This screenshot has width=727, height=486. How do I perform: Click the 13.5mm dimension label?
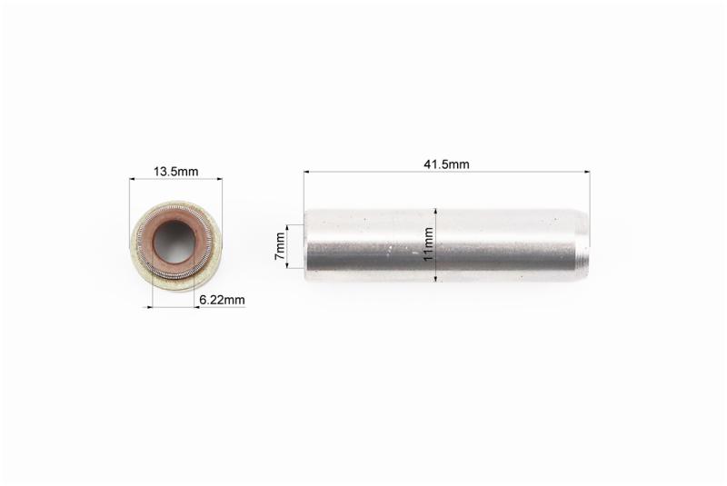tap(175, 172)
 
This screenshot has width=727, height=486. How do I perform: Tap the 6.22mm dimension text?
tap(222, 300)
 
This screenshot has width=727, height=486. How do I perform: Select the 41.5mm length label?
tap(446, 164)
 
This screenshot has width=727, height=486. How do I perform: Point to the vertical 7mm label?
tap(280, 246)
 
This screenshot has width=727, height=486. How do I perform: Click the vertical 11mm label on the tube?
tap(428, 243)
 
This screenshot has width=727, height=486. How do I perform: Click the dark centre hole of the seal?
tap(176, 241)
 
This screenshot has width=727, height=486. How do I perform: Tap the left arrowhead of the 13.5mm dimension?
tap(133, 178)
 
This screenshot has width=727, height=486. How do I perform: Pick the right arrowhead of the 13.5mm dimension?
tap(219, 178)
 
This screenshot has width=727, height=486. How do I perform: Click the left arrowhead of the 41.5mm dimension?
tap(307, 172)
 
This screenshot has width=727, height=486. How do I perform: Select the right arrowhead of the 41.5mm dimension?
tap(587, 172)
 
